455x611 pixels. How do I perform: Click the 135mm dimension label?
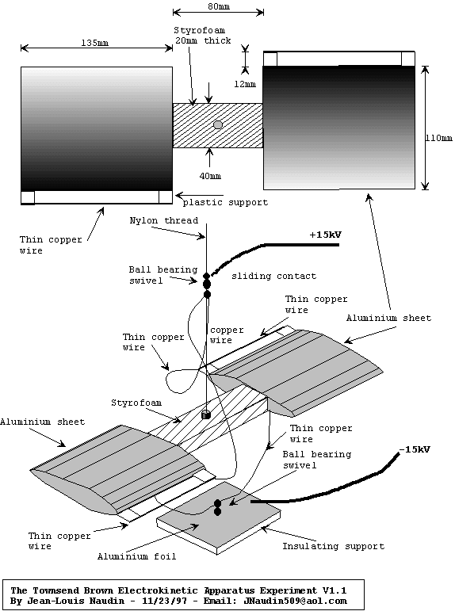[x=95, y=43]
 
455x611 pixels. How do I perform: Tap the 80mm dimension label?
[x=219, y=6]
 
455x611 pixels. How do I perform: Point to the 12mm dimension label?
[x=245, y=84]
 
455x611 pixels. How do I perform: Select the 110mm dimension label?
[x=439, y=138]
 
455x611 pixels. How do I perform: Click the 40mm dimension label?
[x=210, y=176]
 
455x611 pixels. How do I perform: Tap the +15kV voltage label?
[x=325, y=235]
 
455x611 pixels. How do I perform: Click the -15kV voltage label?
[x=415, y=449]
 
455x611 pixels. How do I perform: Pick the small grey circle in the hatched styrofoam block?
[x=218, y=124]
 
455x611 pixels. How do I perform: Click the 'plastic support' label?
[x=225, y=202]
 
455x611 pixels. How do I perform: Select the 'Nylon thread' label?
[x=164, y=220]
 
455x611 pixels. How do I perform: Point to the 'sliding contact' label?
[x=273, y=277]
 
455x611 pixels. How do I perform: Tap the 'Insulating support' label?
[x=334, y=546]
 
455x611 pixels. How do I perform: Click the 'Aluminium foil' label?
[x=136, y=556]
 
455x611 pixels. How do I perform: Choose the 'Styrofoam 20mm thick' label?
[x=202, y=36]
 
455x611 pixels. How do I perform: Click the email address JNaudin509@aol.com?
[x=295, y=601]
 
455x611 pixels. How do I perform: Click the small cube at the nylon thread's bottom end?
[x=206, y=414]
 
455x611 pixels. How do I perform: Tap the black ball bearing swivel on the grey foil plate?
[x=217, y=508]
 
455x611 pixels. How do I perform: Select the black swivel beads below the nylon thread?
[x=207, y=285]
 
